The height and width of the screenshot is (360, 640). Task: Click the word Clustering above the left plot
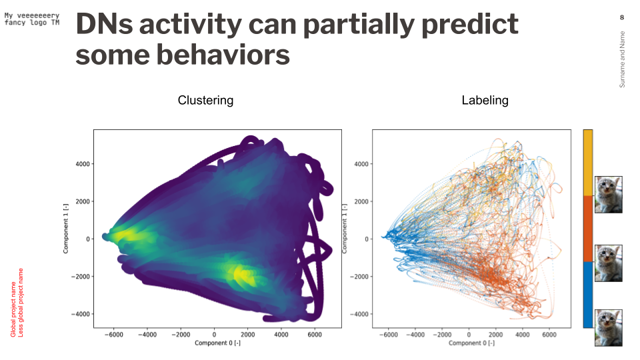[205, 101]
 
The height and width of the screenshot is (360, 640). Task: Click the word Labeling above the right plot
[485, 101]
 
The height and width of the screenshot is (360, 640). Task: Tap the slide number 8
[622, 17]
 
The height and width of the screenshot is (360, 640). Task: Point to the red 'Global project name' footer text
[13, 303]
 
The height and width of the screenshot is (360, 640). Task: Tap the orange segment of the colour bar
[587, 228]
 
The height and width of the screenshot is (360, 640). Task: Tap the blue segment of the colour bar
[587, 294]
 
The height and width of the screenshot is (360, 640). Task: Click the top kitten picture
[608, 194]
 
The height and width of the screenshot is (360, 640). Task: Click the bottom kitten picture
[608, 327]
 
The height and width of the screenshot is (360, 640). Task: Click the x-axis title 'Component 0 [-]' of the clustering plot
[217, 343]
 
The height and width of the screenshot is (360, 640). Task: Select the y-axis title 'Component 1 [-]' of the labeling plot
[344, 229]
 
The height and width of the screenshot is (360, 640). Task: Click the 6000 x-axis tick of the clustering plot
[315, 334]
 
